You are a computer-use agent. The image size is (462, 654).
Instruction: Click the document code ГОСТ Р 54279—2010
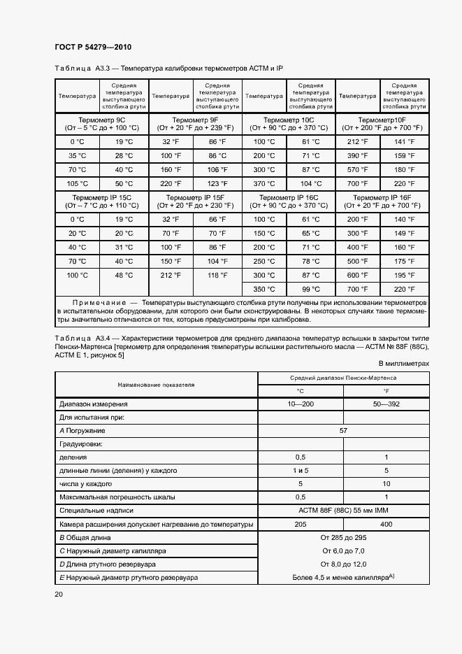click(x=92, y=47)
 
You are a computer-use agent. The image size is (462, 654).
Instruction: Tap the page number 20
click(x=59, y=594)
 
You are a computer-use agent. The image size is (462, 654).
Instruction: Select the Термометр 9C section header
click(x=101, y=124)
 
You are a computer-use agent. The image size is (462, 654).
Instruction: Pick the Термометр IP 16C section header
click(x=288, y=202)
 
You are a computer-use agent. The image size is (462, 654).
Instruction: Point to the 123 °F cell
click(x=217, y=183)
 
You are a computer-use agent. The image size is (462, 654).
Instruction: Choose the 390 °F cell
click(x=358, y=155)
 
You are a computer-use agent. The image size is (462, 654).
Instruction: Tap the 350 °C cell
click(x=264, y=289)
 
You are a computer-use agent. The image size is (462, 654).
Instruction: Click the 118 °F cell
click(x=217, y=275)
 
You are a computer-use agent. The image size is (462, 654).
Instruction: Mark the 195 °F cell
click(x=405, y=275)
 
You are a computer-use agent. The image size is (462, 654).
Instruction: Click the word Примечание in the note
click(x=97, y=302)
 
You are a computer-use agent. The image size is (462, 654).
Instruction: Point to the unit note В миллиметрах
click(x=403, y=364)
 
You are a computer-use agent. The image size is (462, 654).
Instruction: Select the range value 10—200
click(x=301, y=404)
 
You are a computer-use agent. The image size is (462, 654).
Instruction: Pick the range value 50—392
click(x=387, y=404)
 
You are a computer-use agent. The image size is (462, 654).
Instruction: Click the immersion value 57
click(x=343, y=430)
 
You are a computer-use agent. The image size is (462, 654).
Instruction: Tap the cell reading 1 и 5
click(x=301, y=470)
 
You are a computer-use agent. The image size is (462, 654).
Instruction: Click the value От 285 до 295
click(x=343, y=537)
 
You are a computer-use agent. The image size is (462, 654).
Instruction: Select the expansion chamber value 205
click(x=301, y=523)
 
